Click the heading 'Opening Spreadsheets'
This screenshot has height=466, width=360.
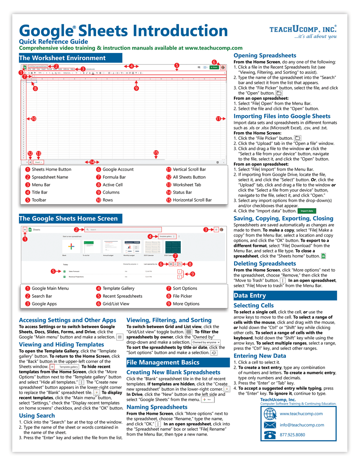click(x=265, y=55)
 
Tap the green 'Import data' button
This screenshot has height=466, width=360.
click(x=307, y=211)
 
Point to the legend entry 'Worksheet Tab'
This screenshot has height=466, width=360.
click(x=187, y=185)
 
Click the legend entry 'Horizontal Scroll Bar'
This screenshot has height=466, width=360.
click(x=192, y=200)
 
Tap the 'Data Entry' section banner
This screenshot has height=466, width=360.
click(x=285, y=296)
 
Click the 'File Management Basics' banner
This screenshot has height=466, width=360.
click(x=178, y=363)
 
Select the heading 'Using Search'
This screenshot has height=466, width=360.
click(x=37, y=416)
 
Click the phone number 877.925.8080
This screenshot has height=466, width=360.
click(x=292, y=435)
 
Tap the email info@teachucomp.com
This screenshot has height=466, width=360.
click(x=302, y=425)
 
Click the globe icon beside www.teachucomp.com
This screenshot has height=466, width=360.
click(x=270, y=414)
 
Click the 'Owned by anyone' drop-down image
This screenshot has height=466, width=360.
click(x=206, y=342)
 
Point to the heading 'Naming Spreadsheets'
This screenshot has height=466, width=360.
click(x=157, y=407)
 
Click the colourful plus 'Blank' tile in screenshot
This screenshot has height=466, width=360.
click(x=71, y=247)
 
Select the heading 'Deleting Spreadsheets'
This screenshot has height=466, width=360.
click(x=265, y=264)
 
